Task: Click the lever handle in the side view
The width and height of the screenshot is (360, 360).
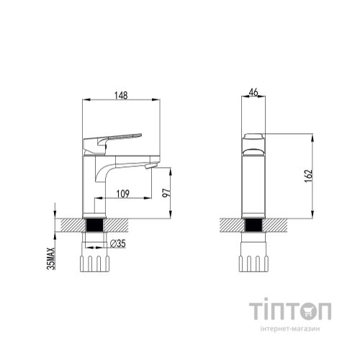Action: (x=115, y=135)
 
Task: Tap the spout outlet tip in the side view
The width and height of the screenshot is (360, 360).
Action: (x=150, y=166)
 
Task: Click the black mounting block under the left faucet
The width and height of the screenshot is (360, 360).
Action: (x=94, y=225)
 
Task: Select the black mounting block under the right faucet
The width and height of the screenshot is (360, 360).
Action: (x=253, y=225)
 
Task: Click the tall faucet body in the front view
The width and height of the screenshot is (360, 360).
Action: (x=253, y=184)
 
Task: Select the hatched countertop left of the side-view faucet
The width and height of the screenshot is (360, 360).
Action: (x=69, y=225)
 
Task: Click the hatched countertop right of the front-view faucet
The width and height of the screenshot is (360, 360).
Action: (x=276, y=225)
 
